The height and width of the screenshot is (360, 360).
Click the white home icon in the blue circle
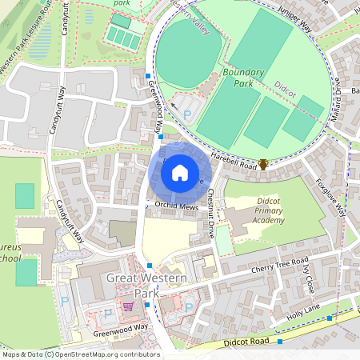coord(180,172)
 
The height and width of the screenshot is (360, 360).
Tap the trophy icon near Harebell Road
coord(263,165)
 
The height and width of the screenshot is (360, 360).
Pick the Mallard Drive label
coord(337,97)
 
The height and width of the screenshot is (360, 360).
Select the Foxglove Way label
coord(330,197)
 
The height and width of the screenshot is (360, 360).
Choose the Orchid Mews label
coord(176,206)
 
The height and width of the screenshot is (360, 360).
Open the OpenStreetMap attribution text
coord(80,354)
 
